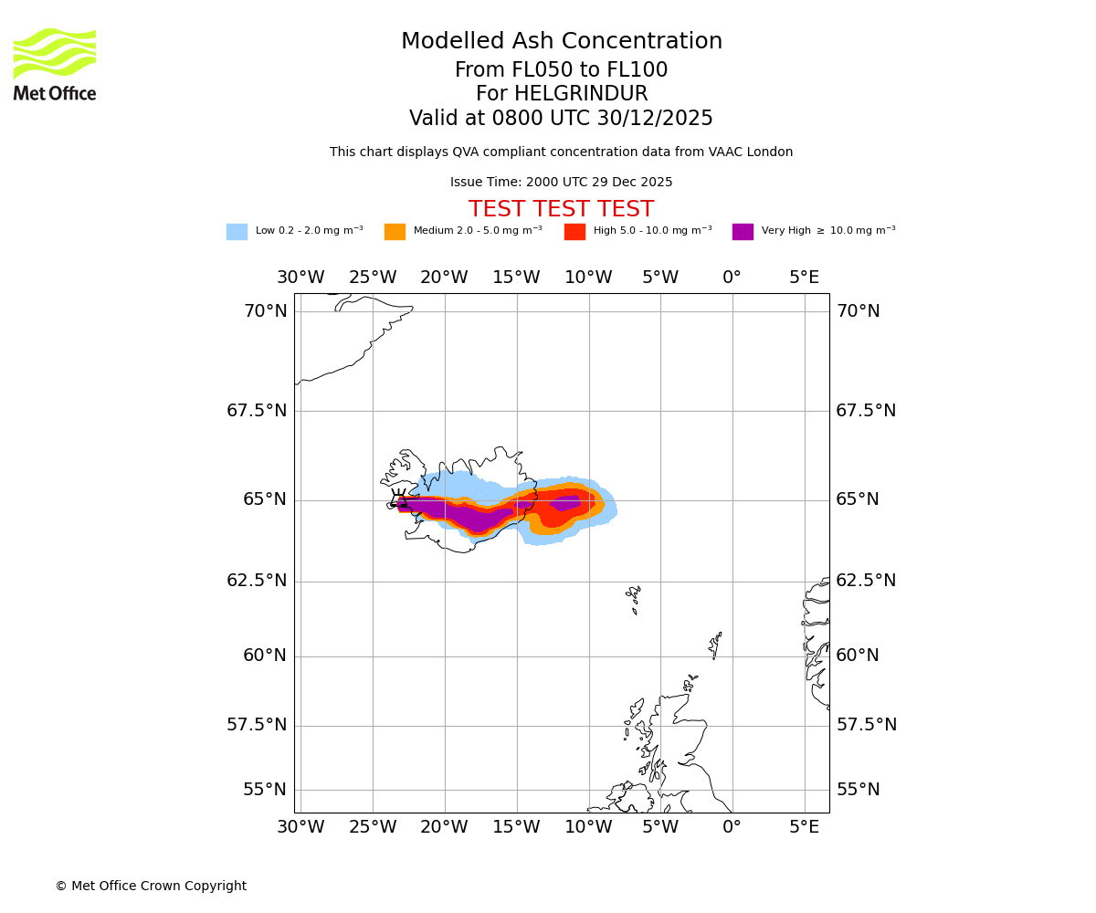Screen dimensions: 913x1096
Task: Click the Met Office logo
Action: click(55, 64)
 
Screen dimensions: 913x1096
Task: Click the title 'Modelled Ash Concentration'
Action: click(561, 41)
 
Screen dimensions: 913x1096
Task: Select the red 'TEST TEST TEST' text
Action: click(561, 209)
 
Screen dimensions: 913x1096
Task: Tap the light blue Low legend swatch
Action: click(237, 231)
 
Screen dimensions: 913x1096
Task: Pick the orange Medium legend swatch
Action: click(395, 231)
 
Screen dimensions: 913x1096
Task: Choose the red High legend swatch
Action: click(574, 231)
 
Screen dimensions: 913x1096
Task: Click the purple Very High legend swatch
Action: click(743, 231)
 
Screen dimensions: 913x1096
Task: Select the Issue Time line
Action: click(561, 182)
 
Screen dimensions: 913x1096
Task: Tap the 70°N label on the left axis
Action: click(265, 311)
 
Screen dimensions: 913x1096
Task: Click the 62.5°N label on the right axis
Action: click(866, 581)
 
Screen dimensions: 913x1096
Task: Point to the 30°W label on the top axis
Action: click(300, 278)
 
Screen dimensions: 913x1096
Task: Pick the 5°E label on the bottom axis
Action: click(804, 827)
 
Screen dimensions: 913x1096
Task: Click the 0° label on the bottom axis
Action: click(732, 827)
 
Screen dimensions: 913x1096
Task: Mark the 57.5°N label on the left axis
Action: click(257, 725)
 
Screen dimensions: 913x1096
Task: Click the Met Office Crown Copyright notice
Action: click(151, 886)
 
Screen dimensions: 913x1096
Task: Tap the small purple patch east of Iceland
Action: click(566, 501)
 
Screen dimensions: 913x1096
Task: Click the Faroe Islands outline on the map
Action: click(633, 597)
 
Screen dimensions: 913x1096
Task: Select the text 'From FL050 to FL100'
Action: click(561, 70)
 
